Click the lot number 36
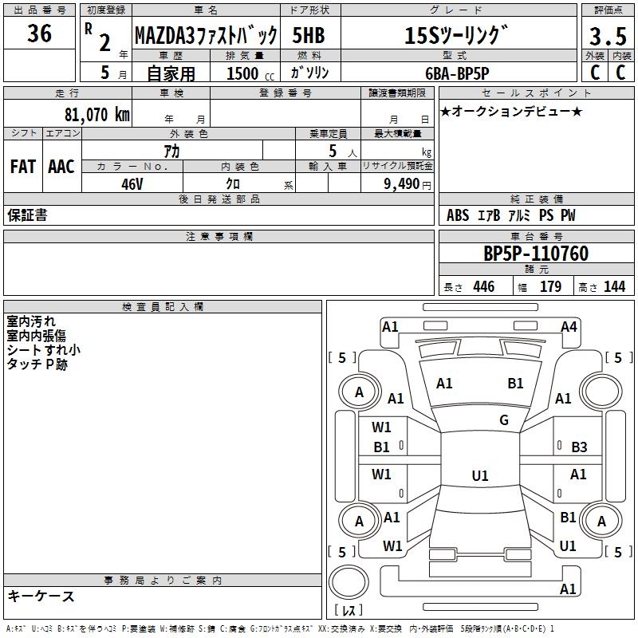39,34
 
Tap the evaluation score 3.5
605,36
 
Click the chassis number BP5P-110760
536,254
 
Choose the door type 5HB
310,36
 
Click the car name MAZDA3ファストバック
206,36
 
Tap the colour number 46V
132,183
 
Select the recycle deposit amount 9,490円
408,183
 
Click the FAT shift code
23,167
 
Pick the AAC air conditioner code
61,167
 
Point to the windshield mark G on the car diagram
503,420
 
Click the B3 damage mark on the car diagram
579,447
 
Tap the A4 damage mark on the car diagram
569,326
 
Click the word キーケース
41,596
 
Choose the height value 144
614,287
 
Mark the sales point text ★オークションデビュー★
511,111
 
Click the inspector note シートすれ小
43,349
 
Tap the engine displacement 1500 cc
247,73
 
